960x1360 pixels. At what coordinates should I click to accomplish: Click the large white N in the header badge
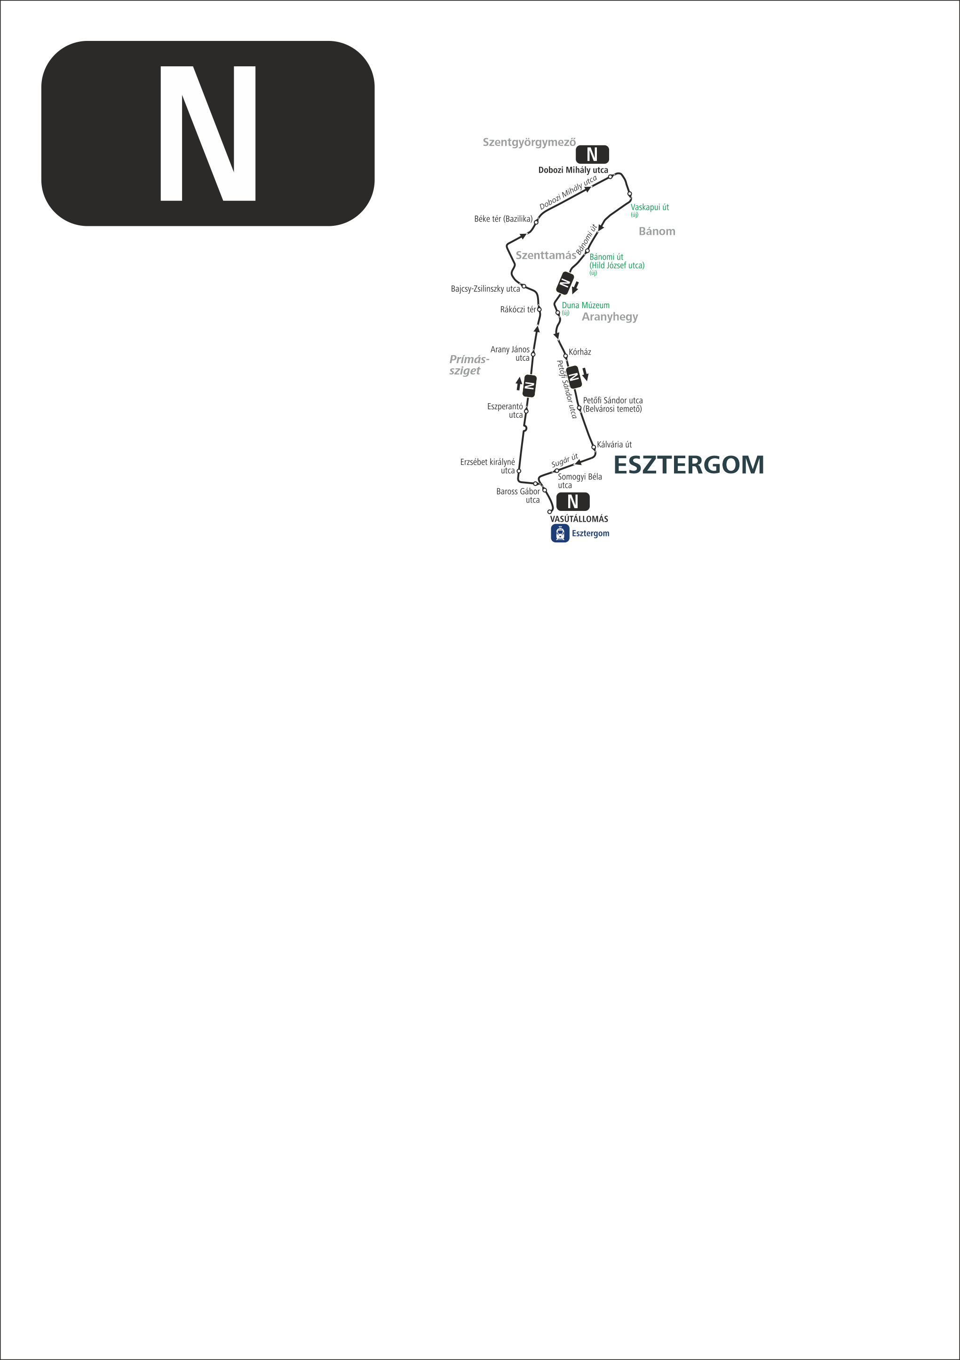pos(208,133)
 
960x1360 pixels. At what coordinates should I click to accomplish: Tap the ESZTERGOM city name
pos(689,465)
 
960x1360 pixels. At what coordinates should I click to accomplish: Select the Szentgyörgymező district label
pos(529,142)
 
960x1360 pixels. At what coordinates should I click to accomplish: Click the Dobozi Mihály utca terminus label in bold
pos(573,170)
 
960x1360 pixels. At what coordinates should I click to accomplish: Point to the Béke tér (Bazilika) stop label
pos(503,219)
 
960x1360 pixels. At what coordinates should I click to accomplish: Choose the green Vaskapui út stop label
pos(650,207)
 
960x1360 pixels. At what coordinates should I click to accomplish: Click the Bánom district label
pos(657,231)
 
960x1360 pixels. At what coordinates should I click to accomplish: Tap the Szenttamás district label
pos(546,255)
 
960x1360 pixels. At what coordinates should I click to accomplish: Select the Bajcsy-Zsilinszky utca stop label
pos(485,289)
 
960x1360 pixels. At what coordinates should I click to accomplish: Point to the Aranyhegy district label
pos(610,317)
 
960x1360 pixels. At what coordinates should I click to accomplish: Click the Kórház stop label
pos(580,352)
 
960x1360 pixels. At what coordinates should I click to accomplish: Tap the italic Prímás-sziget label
pos(469,365)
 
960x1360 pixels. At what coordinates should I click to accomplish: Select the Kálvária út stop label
pos(614,444)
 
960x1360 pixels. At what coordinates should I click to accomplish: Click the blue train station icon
pos(560,533)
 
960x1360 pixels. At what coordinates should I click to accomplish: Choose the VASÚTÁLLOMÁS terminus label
pos(579,519)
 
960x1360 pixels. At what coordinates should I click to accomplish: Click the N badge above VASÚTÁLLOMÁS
pos(573,501)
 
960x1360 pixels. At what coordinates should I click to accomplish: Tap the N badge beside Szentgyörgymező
pos(592,155)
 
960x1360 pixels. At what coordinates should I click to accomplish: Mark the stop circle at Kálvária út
pos(594,447)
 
